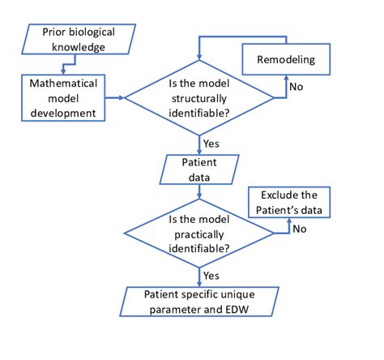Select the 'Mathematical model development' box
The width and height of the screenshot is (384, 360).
click(68, 97)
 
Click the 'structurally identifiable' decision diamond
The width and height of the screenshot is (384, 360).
click(199, 98)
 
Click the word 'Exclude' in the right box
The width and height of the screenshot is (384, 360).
click(272, 195)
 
